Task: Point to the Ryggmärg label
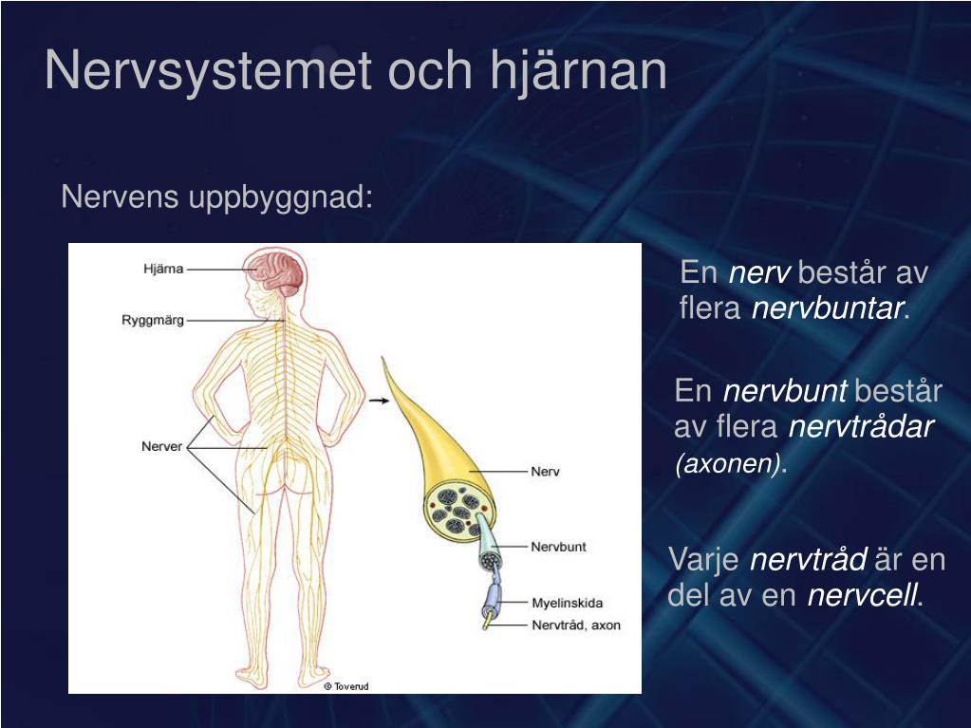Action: pos(152,320)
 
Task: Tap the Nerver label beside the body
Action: pos(161,446)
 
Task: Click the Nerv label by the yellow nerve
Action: pos(545,472)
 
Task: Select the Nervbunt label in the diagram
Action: pos(558,547)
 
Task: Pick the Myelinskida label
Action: pos(567,603)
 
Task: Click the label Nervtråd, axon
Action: pos(575,625)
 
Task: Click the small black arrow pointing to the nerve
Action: pos(379,401)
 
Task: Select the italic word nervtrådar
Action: pos(862,427)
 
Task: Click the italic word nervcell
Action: pos(863,597)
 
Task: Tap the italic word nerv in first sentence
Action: pos(759,274)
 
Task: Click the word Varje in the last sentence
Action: pos(704,560)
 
